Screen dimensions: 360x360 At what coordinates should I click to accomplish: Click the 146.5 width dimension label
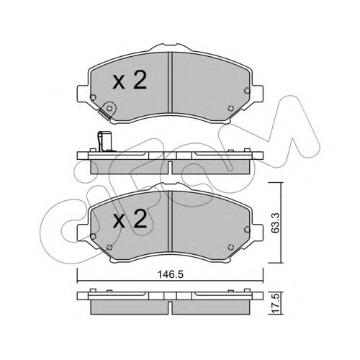coord(171,274)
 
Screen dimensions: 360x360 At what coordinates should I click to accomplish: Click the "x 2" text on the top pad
coord(130,81)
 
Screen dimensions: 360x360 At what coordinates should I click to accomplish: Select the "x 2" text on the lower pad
coord(130,219)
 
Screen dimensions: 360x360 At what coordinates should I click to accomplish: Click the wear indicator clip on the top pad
coord(107,110)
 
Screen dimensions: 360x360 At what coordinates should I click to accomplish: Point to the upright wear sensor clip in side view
coord(103,142)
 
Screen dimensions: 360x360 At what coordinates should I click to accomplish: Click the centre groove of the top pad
coord(170,82)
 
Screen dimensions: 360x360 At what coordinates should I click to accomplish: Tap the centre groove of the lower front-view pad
coord(170,221)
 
